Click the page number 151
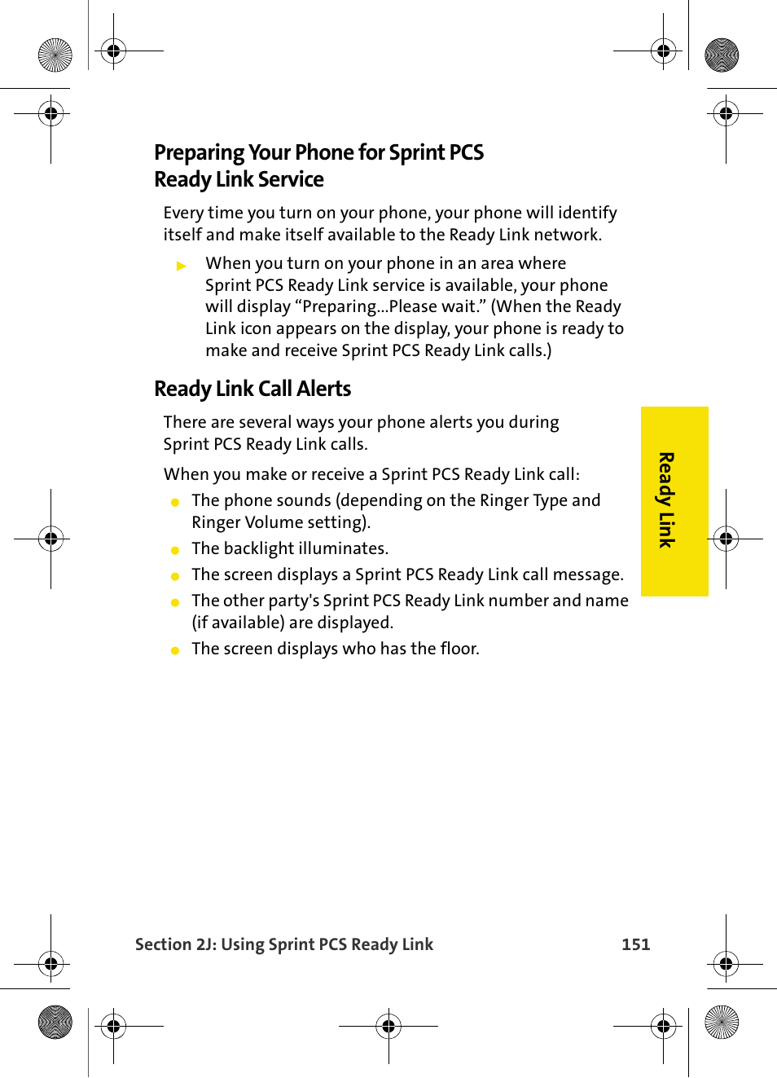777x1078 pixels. (x=635, y=944)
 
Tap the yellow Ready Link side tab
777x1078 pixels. (x=674, y=501)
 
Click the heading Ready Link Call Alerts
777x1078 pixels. (x=252, y=389)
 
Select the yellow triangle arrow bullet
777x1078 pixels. (x=182, y=266)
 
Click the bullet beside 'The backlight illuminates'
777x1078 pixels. (x=175, y=550)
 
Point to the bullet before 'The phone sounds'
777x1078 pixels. (x=175, y=502)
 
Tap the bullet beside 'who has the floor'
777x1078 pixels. (x=175, y=650)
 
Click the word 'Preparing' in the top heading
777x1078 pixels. (x=199, y=152)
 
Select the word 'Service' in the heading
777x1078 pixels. (x=291, y=179)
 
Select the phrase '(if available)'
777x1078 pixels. (x=238, y=623)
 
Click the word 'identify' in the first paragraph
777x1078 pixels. (x=587, y=213)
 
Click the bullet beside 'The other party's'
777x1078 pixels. (x=175, y=602)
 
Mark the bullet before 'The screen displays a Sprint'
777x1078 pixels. (x=175, y=576)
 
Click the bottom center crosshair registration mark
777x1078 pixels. (x=388, y=1026)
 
